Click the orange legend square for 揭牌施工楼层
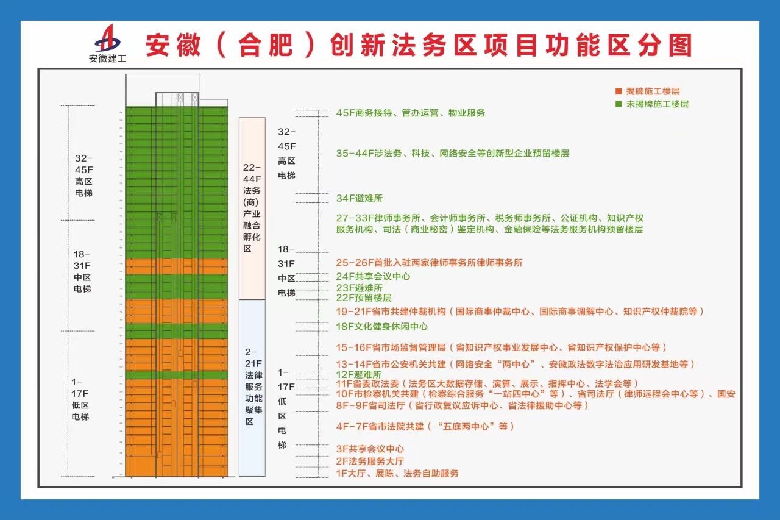click(x=619, y=91)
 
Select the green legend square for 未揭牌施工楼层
click(x=619, y=104)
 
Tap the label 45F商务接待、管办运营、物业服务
click(x=411, y=113)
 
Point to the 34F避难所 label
click(x=360, y=198)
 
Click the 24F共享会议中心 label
click(x=373, y=276)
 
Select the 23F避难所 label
click(x=360, y=288)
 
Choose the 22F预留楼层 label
click(x=364, y=297)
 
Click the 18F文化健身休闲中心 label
click(x=381, y=326)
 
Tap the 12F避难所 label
click(x=359, y=374)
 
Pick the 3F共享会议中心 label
click(x=370, y=449)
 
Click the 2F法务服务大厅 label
click(x=370, y=461)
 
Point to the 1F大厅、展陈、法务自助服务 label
click(x=397, y=473)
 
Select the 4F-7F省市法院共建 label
click(x=425, y=426)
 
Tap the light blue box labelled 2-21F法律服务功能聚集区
click(x=252, y=387)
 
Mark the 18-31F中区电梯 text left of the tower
click(x=83, y=271)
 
